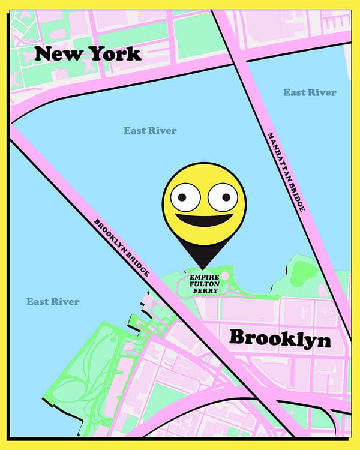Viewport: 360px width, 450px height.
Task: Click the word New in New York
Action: point(58,54)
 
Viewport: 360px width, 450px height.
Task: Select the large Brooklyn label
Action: point(280,338)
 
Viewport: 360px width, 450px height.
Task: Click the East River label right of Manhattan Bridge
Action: point(310,92)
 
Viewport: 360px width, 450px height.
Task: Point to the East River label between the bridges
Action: point(150,130)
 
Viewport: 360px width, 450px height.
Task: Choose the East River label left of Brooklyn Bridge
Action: point(53,301)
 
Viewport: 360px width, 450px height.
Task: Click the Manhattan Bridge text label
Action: point(286,172)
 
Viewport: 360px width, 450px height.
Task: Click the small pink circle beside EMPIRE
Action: point(224,276)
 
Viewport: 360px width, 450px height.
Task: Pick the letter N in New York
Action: point(44,54)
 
